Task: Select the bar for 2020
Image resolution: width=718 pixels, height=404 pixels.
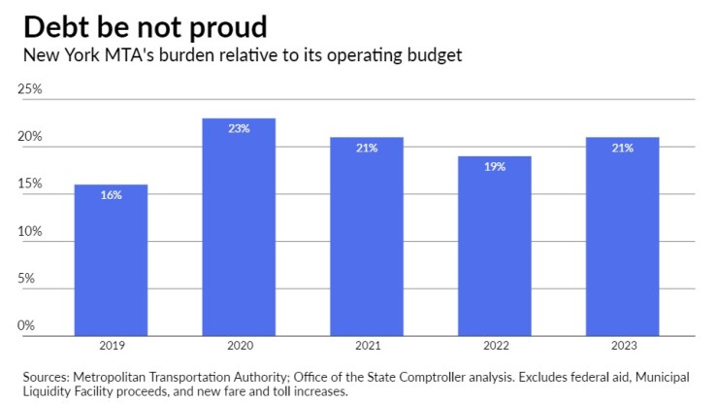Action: coord(239,228)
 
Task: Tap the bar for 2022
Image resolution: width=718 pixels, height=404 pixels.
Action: coord(495,248)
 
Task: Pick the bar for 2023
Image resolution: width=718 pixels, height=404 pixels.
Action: coord(622,238)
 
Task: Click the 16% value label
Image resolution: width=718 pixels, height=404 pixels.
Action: coord(111,195)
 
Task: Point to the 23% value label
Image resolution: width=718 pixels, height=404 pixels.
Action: coord(239,128)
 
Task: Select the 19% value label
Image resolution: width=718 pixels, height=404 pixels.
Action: coord(495,166)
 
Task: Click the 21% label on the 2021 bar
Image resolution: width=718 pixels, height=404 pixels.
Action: coord(367,148)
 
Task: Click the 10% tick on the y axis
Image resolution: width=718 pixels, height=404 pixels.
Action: coord(31,232)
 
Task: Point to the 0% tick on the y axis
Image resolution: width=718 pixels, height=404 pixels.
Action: coord(27,326)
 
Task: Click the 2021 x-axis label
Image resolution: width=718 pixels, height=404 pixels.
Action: coord(367,346)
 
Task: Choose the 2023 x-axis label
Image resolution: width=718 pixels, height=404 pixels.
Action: coord(622,346)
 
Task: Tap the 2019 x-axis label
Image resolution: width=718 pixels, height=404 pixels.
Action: coord(111,346)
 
